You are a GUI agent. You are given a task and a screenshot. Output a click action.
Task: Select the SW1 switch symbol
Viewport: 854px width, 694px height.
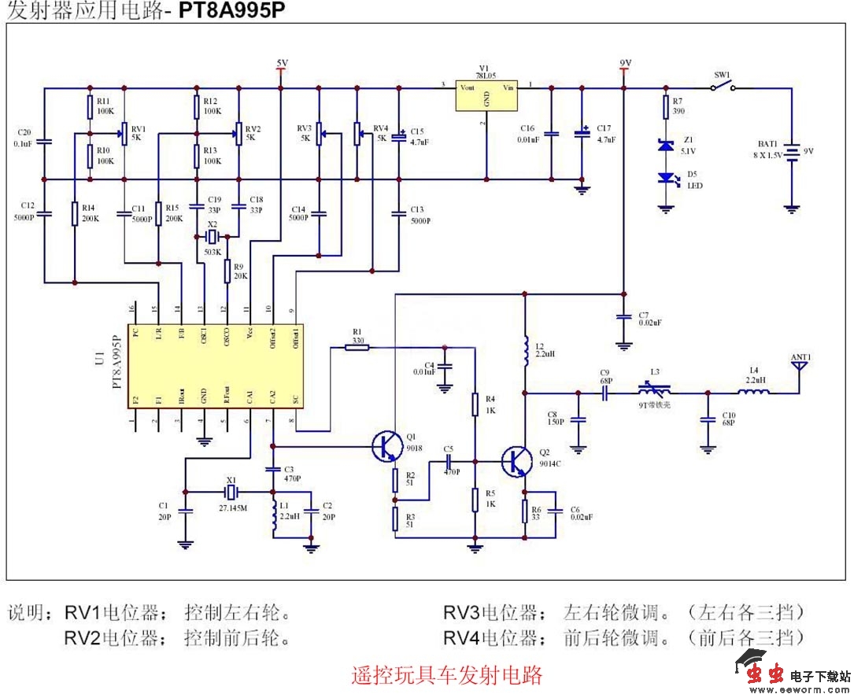[x=723, y=87]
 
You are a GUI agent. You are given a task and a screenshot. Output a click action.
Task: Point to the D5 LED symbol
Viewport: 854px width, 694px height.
[x=667, y=179]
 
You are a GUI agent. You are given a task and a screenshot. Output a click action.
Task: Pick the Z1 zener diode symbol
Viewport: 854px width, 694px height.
[x=667, y=146]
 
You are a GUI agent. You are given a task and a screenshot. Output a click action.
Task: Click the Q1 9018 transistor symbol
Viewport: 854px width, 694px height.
[x=386, y=446]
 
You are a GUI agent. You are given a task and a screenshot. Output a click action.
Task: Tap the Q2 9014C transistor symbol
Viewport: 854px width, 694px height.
[x=516, y=461]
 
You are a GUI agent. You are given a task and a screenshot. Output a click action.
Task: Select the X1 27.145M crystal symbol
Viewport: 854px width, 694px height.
[x=230, y=493]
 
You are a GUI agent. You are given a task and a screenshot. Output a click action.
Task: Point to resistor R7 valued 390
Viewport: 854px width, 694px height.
[x=667, y=106]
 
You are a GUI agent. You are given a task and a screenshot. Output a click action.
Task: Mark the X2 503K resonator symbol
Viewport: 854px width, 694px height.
[x=211, y=237]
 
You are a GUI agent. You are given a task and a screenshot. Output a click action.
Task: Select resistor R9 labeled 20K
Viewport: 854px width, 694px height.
[x=227, y=271]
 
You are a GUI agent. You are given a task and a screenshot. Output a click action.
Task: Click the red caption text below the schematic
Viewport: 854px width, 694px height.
[x=447, y=674]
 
